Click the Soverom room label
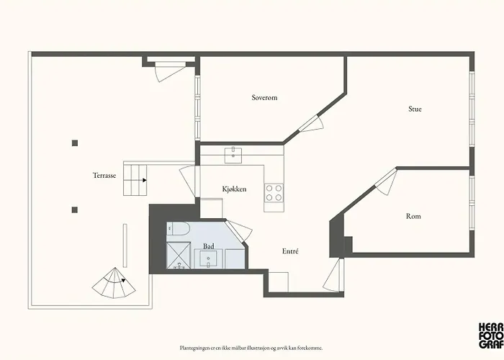[264, 97]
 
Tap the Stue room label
[415, 109]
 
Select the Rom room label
[413, 216]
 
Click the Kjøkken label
[234, 189]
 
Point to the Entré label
[290, 251]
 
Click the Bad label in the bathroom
[208, 246]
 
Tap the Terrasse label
[104, 175]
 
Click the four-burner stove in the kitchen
[274, 193]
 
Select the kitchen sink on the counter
[234, 153]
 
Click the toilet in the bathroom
[179, 229]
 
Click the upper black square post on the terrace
[74, 143]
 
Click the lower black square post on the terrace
[74, 210]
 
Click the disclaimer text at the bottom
[251, 347]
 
